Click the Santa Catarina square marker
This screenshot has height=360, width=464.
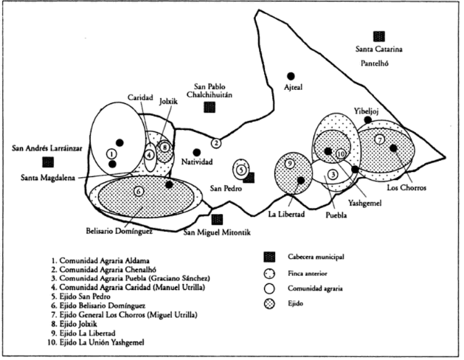380,36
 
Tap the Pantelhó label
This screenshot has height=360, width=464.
378,64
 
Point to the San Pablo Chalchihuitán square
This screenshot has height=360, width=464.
210,107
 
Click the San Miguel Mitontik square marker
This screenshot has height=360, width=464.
217,218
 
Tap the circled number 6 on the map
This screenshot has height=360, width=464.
139,192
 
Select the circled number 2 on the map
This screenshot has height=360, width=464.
215,142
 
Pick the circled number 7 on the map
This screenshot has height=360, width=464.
379,139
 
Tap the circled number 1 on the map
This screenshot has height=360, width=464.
111,153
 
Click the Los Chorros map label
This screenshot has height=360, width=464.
406,187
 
